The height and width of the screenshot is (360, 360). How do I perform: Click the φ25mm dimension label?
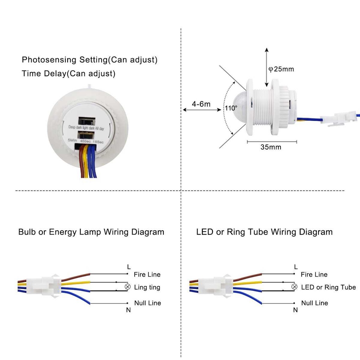coord(281,69)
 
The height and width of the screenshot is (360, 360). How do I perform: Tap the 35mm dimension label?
coord(271,147)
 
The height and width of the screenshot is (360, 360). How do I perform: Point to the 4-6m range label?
coord(201,104)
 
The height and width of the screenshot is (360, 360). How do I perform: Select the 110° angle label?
coord(231,108)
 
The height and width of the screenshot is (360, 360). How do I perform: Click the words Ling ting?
coord(147,288)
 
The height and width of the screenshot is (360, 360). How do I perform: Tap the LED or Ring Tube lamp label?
coord(328,288)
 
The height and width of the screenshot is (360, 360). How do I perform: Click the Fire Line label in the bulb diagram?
coord(147,275)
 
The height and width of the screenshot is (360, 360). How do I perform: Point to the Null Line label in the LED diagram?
coord(314,303)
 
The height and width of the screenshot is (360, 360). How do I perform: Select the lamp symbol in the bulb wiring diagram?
coord(128,288)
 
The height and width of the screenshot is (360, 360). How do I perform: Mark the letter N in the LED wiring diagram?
coord(295,310)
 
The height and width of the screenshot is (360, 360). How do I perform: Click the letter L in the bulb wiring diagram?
coord(129,267)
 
